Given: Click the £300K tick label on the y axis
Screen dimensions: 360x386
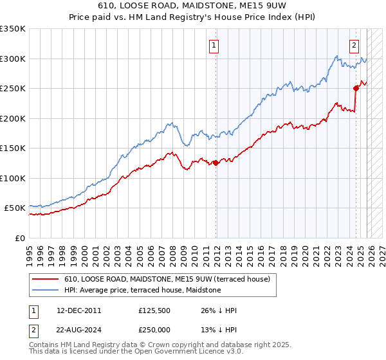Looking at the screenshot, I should pos(13,59).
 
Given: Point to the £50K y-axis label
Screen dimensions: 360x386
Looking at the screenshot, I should pos(15,208).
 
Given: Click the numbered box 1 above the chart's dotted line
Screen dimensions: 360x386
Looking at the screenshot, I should pos(214,45).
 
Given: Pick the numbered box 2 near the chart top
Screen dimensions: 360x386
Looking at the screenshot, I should pos(354,45).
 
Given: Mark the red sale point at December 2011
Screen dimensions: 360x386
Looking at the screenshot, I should pos(216,163).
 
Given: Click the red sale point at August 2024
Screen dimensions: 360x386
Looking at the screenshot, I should pos(356,89).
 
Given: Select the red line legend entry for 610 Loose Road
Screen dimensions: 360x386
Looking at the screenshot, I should pos(170,279).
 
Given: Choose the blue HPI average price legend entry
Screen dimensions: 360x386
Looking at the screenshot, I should pos(142,290).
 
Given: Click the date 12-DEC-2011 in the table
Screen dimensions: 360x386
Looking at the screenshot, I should pos(78,310).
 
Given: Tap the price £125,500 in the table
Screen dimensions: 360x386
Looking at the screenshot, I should pos(155,310).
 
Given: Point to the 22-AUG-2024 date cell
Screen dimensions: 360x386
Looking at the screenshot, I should pos(79,328).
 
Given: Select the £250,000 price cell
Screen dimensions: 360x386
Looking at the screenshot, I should pos(155,328).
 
